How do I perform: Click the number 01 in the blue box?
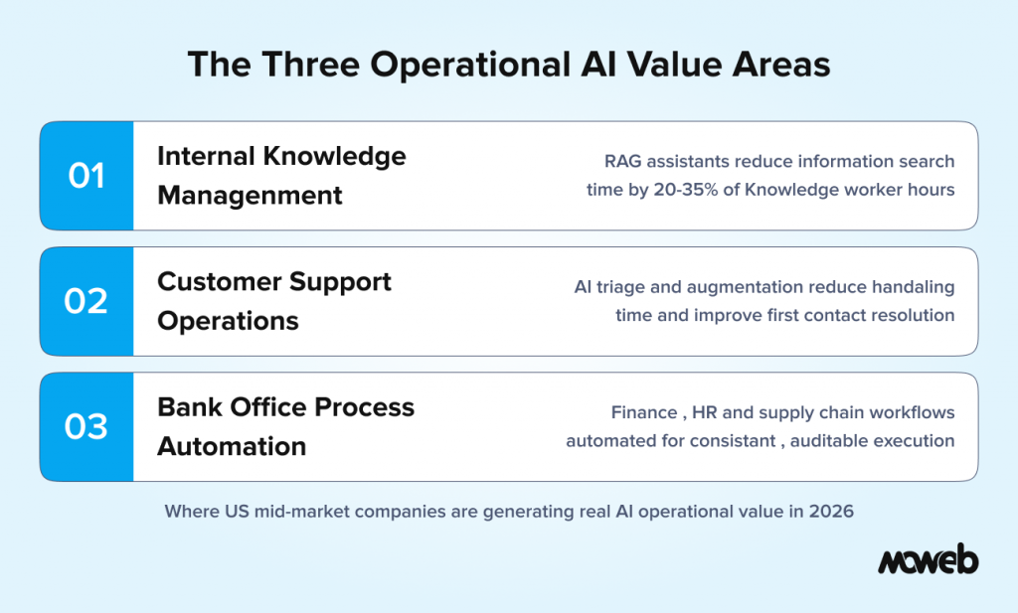click(x=86, y=176)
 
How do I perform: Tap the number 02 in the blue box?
click(x=86, y=301)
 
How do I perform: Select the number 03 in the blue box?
click(x=86, y=426)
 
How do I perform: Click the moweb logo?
click(x=927, y=561)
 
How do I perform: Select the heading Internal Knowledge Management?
click(x=281, y=176)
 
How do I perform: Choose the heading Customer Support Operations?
click(x=274, y=301)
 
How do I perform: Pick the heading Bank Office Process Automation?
click(x=285, y=426)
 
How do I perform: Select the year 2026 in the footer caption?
click(x=832, y=512)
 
